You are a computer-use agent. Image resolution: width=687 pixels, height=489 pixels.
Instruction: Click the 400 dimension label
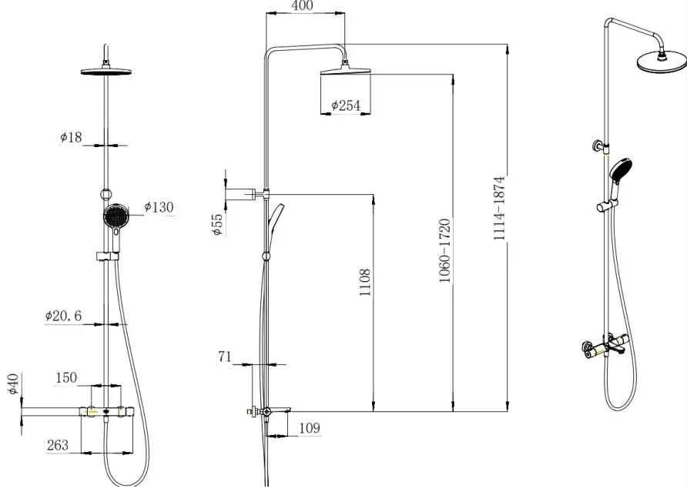[303, 5]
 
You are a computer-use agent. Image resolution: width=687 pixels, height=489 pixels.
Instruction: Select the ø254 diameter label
[346, 106]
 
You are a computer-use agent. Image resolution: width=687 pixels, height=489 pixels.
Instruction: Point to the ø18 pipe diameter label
[71, 137]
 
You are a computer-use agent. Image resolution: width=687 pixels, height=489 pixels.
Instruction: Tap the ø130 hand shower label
[159, 207]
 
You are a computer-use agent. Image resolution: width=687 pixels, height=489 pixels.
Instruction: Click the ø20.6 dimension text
[63, 316]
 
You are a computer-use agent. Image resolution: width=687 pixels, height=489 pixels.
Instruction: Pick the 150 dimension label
[66, 377]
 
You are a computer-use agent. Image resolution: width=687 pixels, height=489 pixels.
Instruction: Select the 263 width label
[58, 445]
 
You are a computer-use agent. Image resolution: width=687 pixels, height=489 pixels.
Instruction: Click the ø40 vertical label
[14, 383]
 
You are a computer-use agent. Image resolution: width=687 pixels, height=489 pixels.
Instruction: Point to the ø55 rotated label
[218, 224]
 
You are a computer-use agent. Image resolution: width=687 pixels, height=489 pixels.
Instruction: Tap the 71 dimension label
[225, 357]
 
